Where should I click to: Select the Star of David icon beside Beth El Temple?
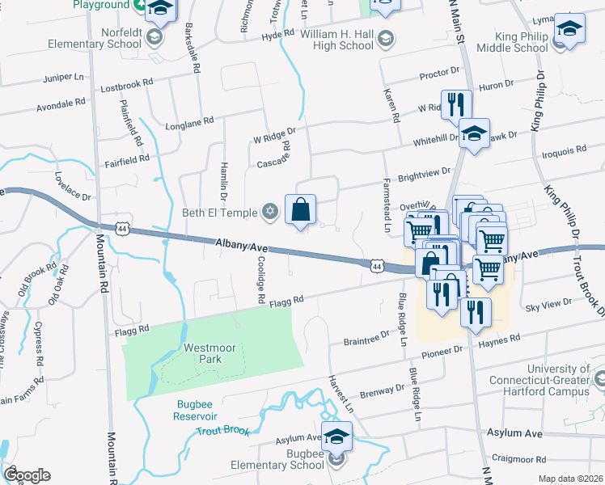[x=270, y=213]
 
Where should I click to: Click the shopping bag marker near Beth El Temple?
[x=300, y=209]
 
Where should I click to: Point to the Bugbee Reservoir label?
[x=195, y=410]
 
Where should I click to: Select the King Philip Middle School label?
[x=509, y=42]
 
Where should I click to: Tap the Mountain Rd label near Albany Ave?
[x=103, y=266]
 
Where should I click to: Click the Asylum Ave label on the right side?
[x=514, y=434]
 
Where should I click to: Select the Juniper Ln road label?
[x=63, y=82]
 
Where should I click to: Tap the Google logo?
[x=27, y=475]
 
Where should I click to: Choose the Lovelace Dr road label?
[x=73, y=185]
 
